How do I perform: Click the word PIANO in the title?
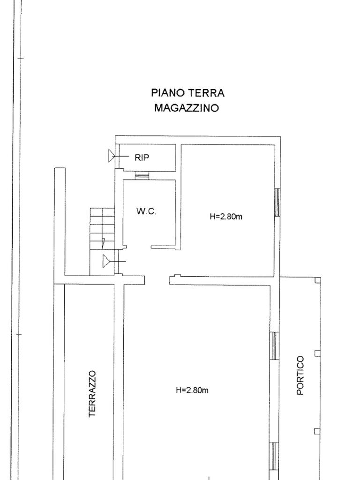(x=168, y=92)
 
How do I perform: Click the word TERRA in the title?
(x=207, y=92)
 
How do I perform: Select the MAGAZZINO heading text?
(x=187, y=108)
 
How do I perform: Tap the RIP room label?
(x=142, y=157)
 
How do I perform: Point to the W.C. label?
(x=146, y=211)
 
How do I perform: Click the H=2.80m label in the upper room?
(x=226, y=217)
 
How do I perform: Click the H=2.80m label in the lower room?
(x=192, y=390)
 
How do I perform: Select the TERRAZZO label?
(x=92, y=394)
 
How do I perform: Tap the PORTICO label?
(x=300, y=375)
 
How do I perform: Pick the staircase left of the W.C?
(x=102, y=241)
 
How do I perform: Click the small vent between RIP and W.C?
(x=142, y=175)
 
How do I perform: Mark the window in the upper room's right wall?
(x=277, y=202)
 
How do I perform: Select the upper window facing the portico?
(x=275, y=345)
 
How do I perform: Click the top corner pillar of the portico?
(x=318, y=280)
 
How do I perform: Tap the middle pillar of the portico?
(x=317, y=353)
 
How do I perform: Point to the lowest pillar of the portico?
(x=317, y=431)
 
